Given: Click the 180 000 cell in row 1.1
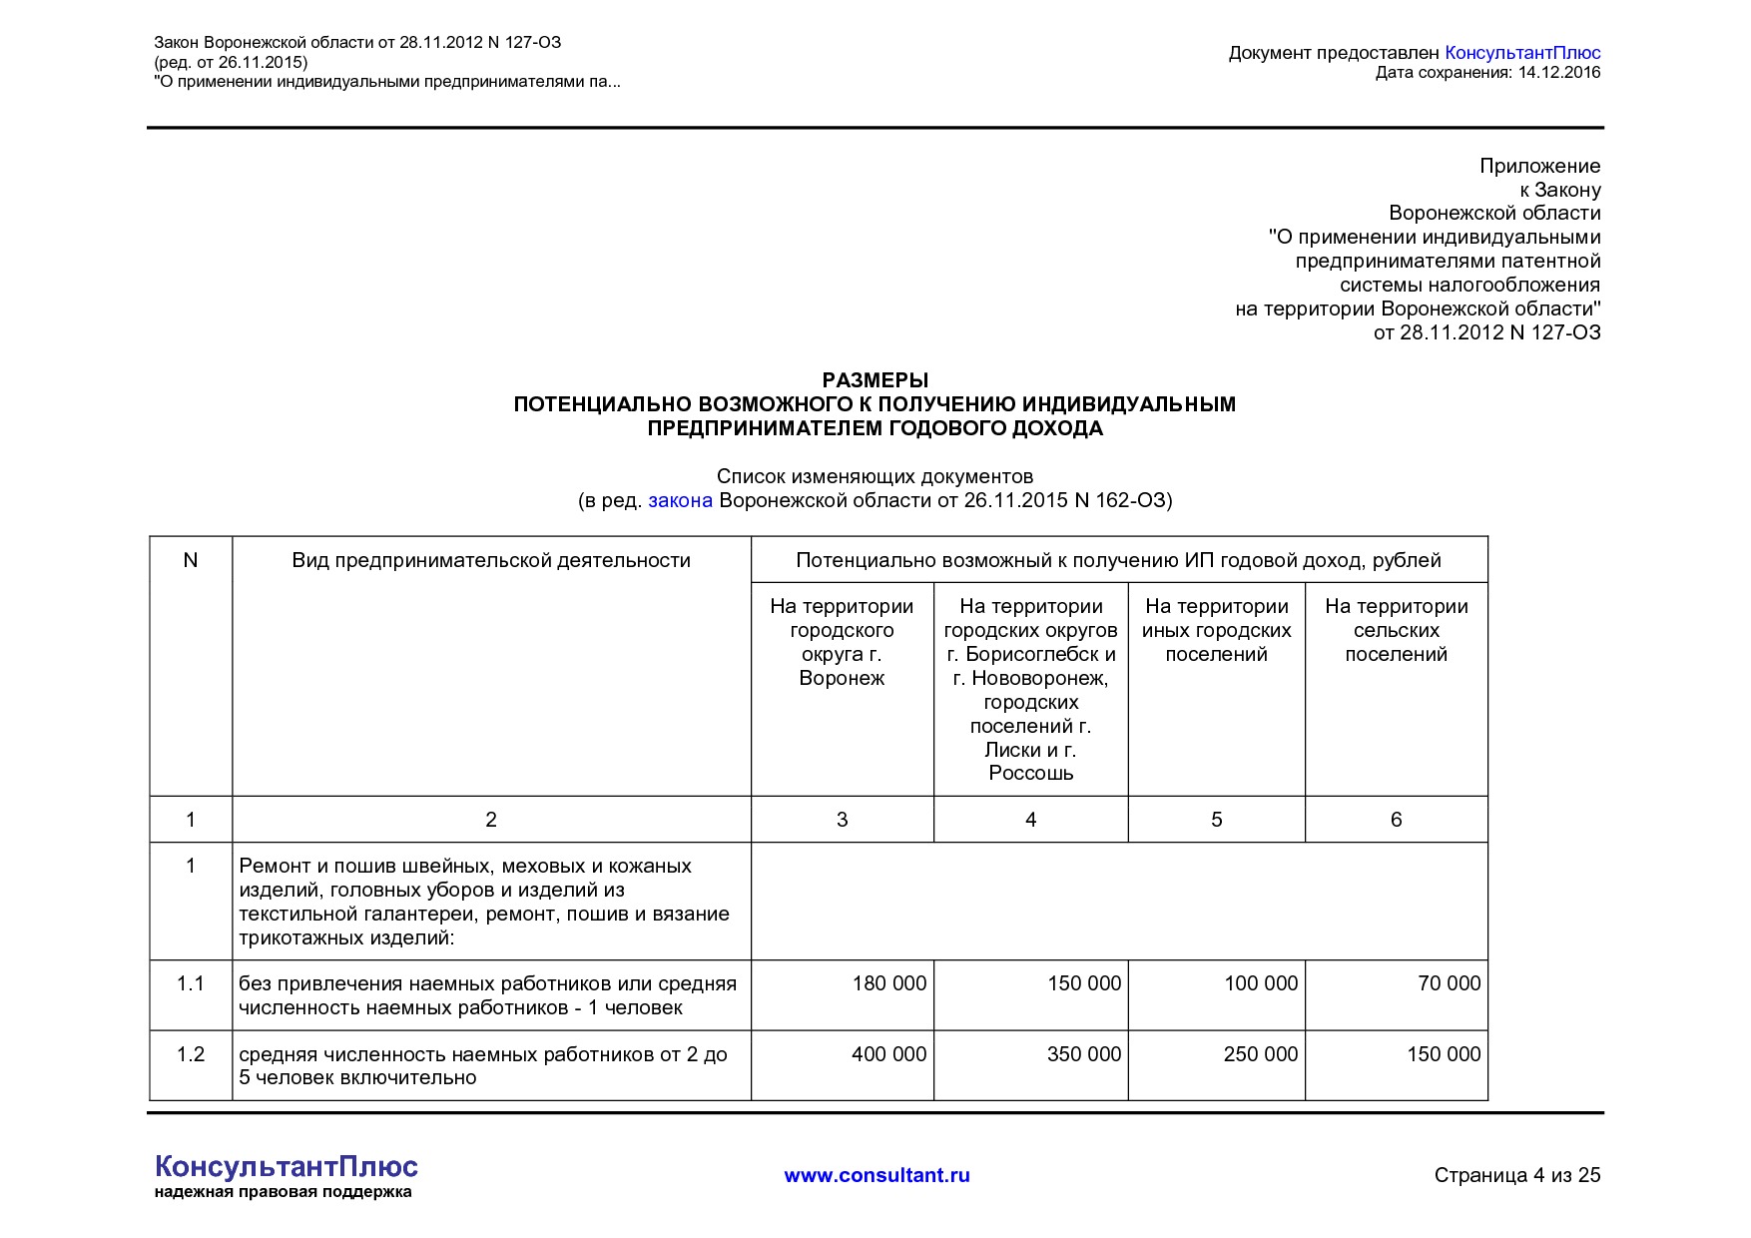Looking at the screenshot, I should [888, 983].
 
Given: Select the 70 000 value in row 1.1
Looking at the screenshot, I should [1449, 983].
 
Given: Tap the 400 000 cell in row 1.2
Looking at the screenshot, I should [888, 1054].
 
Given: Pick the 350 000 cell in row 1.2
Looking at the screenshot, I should [1083, 1054].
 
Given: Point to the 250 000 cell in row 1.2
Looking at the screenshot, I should [1260, 1054].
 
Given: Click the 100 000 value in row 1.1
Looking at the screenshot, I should [1260, 983].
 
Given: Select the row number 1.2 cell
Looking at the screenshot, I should [191, 1054].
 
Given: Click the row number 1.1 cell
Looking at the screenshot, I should [191, 984].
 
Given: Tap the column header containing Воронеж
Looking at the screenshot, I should [842, 642].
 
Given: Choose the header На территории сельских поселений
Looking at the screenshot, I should [1396, 630].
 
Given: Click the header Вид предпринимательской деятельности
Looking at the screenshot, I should [491, 560].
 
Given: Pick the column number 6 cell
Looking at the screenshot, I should [1396, 820].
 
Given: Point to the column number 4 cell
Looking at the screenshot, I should [1030, 820].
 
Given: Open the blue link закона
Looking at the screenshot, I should [680, 500].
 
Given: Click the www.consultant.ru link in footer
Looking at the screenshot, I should [876, 1175].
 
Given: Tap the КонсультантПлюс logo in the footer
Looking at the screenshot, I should [287, 1167].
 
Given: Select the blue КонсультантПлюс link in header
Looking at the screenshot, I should [1521, 53].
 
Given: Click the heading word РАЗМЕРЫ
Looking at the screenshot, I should [875, 380].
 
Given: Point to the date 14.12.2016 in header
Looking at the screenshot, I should [1558, 72].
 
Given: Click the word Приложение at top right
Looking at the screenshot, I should [1539, 166].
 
